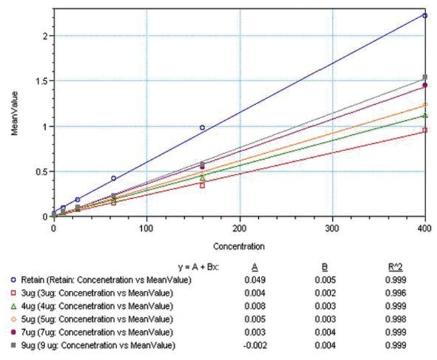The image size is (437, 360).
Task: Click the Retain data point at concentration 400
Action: (x=425, y=15)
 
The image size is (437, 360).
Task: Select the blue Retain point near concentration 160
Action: (x=202, y=127)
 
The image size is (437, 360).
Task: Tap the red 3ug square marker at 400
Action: (x=425, y=130)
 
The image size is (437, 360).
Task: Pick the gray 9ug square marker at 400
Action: (x=425, y=77)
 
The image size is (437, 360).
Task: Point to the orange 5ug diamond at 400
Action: (x=425, y=105)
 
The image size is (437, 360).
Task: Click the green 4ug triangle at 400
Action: (x=425, y=116)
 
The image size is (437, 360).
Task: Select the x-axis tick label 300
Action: (x=333, y=229)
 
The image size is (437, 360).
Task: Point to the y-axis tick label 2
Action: (x=44, y=35)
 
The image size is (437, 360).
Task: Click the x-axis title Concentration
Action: (x=238, y=246)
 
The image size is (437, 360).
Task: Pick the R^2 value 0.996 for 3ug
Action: (x=405, y=293)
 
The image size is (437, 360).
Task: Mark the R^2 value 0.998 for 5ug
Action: (x=405, y=319)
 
